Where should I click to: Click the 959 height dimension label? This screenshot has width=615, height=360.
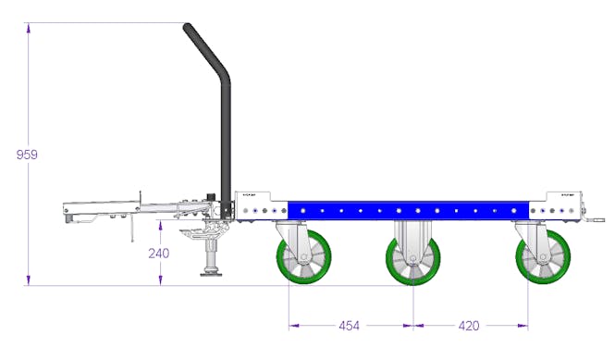27,155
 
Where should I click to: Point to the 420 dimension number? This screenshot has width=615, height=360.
471,326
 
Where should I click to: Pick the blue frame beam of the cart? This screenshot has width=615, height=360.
398,211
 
